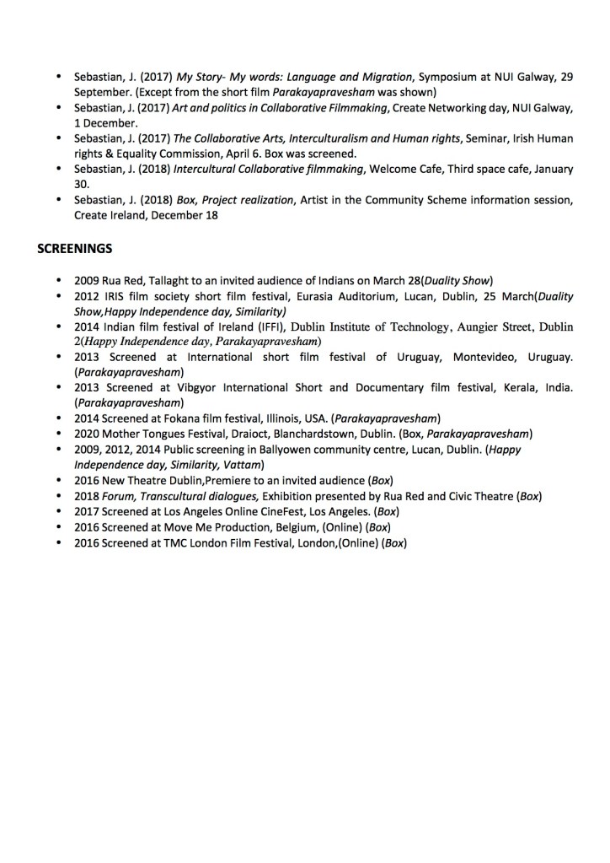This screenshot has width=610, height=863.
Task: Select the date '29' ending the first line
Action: point(566,77)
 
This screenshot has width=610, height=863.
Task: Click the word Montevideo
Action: point(487,357)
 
